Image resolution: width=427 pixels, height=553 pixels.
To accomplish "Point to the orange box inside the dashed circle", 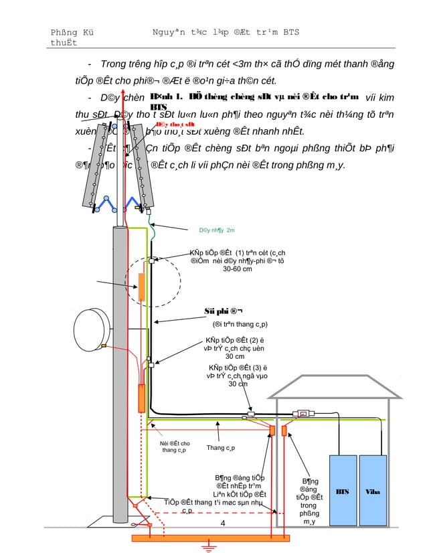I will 141,287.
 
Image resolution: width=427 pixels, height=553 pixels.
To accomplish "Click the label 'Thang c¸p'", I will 220,448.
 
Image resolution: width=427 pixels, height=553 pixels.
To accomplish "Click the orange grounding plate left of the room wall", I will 272,430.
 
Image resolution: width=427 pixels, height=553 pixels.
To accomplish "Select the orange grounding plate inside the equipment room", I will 284,430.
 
